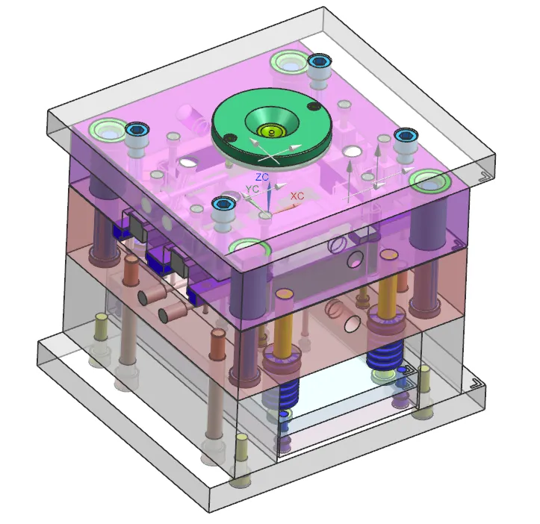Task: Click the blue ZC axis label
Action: pos(262,178)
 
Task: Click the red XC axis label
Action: pos(297,196)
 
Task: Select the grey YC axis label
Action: pos(252,189)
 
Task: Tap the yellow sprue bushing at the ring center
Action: pos(272,131)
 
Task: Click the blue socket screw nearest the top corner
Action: pos(320,61)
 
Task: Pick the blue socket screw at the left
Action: pos(137,129)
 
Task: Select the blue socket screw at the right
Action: pos(407,134)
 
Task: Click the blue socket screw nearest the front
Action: pos(223,204)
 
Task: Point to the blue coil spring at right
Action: pos(385,355)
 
